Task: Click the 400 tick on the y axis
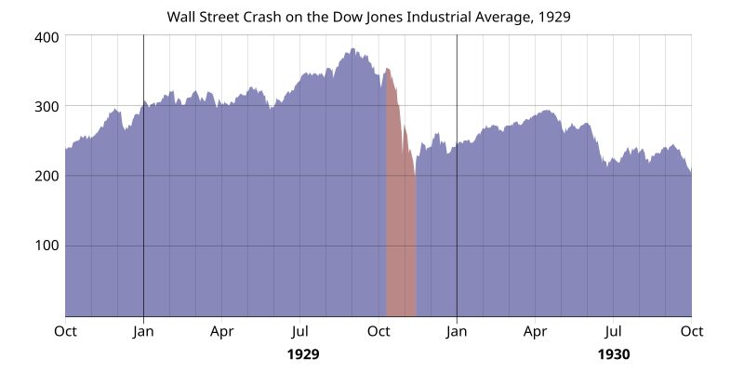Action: (47, 36)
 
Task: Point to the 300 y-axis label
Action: (47, 106)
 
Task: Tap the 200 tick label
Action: (47, 176)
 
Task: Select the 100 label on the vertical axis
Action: (47, 246)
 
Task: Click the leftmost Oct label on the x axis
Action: (65, 330)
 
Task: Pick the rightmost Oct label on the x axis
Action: (691, 330)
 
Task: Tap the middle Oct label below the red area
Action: (379, 330)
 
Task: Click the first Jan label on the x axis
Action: (143, 330)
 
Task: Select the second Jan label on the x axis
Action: (457, 330)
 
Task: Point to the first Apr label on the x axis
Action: (221, 330)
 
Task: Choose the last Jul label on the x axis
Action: (613, 330)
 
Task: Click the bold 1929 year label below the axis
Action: (303, 354)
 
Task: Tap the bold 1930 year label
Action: (613, 354)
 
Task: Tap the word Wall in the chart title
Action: (181, 17)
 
